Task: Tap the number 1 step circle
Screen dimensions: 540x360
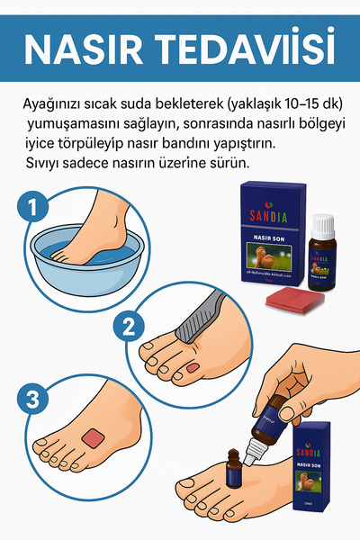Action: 33,209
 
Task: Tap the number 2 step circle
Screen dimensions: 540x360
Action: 129,326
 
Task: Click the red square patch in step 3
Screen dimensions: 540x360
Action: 94,437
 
